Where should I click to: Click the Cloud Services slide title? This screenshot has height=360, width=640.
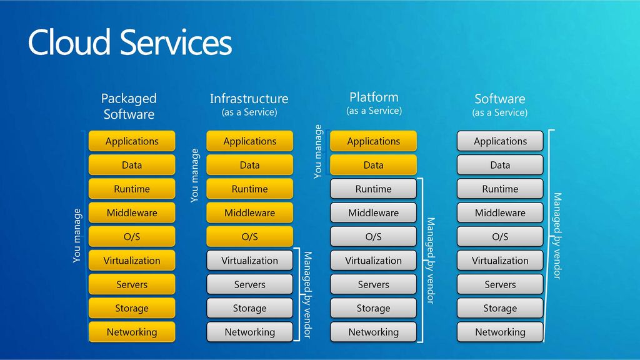pos(130,42)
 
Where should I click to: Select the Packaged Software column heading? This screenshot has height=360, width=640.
pos(129,106)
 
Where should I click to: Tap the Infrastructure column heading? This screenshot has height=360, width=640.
pos(249,104)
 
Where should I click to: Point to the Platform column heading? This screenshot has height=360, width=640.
pos(374,103)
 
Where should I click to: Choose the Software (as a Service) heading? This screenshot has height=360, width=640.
pos(500,105)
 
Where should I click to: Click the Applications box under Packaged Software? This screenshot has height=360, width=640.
pos(132,141)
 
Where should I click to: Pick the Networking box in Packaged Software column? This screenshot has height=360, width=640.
pos(132,332)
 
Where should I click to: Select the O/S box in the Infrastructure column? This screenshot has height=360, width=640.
pos(250,237)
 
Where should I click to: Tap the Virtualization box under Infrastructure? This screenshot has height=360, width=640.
pos(250,261)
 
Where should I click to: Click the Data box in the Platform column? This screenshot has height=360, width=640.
pos(374,165)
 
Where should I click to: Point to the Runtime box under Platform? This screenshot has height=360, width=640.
pos(374,189)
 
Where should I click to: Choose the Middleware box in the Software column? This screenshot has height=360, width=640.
pos(500,212)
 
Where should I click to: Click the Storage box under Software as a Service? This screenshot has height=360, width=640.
pos(500,308)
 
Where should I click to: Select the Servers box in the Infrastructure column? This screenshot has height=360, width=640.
pos(250,284)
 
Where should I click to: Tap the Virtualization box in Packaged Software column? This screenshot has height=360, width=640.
pos(132,261)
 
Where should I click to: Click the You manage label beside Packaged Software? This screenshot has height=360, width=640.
pos(77,236)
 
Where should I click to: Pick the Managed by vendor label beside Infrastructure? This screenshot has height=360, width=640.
pos(307,295)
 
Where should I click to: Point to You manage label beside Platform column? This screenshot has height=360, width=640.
pos(318,151)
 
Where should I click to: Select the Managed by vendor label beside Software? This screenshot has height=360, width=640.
pos(557,236)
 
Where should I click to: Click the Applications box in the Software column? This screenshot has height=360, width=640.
pos(500,141)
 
